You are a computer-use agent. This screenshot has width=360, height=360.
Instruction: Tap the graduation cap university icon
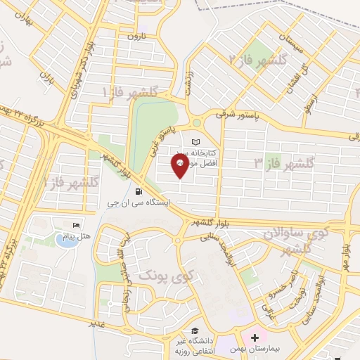(x=192, y=332)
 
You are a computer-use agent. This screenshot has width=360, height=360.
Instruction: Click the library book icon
(x=205, y=142)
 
